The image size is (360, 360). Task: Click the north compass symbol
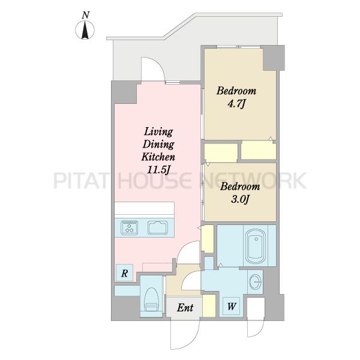point(85,30)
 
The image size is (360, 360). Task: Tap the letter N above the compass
point(86,15)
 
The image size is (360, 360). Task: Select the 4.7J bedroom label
point(236,97)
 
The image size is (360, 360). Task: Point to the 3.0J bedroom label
point(240,193)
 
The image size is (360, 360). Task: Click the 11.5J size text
point(158,170)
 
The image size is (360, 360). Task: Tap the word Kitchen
point(158,157)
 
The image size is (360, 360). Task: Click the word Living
point(158,132)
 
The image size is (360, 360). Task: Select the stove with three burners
point(130,227)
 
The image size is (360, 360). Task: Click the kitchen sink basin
point(157,227)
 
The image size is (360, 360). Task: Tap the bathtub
point(256,246)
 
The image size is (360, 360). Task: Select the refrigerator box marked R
point(124,273)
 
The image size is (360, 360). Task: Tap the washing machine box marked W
point(232,306)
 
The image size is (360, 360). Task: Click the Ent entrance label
point(185,308)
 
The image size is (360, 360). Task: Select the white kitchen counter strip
point(145,208)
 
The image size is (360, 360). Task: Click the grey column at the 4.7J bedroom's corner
point(274,58)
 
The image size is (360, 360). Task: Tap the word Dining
point(158,145)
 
